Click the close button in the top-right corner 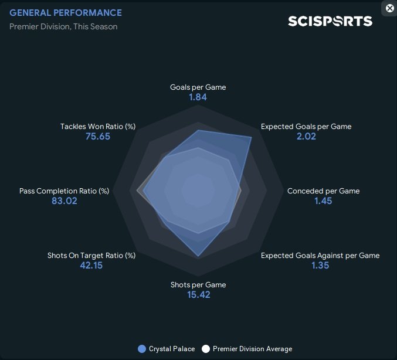pos(389,8)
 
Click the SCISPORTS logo pos(330,21)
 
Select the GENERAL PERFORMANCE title pos(66,13)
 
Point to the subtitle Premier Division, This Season pos(63,26)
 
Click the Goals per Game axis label pos(198,87)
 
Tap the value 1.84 pos(198,97)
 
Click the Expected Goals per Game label pos(306,126)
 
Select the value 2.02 pos(306,136)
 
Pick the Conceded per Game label pos(323,191)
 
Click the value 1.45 pos(323,201)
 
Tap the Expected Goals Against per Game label pos(320,255)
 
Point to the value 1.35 pos(320,265)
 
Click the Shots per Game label pos(198,285)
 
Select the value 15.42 pos(198,295)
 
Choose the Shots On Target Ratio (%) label pos(91,255)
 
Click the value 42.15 pos(91,265)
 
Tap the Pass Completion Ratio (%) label pos(65,191)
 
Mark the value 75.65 pos(98,136)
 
